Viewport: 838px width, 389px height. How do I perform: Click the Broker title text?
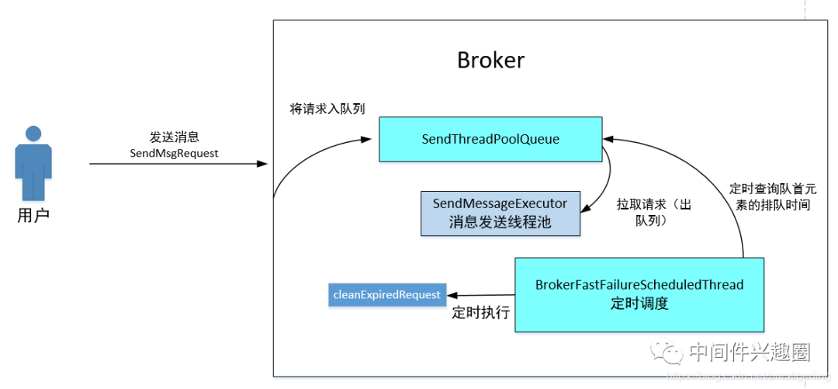(490, 60)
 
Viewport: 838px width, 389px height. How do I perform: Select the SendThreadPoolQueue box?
(490, 139)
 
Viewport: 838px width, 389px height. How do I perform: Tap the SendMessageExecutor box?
(500, 213)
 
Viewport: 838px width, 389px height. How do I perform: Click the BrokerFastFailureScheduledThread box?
(639, 294)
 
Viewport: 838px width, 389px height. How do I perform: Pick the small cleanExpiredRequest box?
(386, 294)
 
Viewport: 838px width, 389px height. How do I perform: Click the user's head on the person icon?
(33, 133)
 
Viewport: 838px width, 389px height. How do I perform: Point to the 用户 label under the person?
(33, 215)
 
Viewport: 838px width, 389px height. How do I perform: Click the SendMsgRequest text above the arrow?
(174, 153)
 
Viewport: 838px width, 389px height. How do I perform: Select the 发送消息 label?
(174, 137)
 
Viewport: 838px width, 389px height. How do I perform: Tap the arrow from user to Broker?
(178, 164)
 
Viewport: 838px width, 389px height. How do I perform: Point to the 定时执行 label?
(480, 313)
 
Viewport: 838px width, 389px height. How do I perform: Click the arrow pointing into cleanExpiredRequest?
(481, 295)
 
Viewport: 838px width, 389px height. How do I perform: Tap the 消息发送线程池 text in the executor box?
(500, 222)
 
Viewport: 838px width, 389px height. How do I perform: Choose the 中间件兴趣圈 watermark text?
(750, 353)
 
